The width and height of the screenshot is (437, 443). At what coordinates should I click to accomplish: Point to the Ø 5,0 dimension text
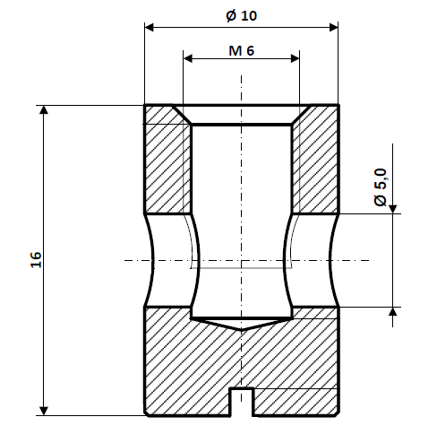tap(380, 188)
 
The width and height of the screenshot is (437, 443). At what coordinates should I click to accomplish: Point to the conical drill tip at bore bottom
tap(241, 324)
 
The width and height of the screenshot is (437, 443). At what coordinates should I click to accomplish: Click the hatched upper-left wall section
tap(167, 166)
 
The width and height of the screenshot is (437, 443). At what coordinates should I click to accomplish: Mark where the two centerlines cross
tap(241, 261)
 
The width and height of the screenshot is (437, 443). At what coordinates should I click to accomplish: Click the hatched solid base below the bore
tap(241, 363)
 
